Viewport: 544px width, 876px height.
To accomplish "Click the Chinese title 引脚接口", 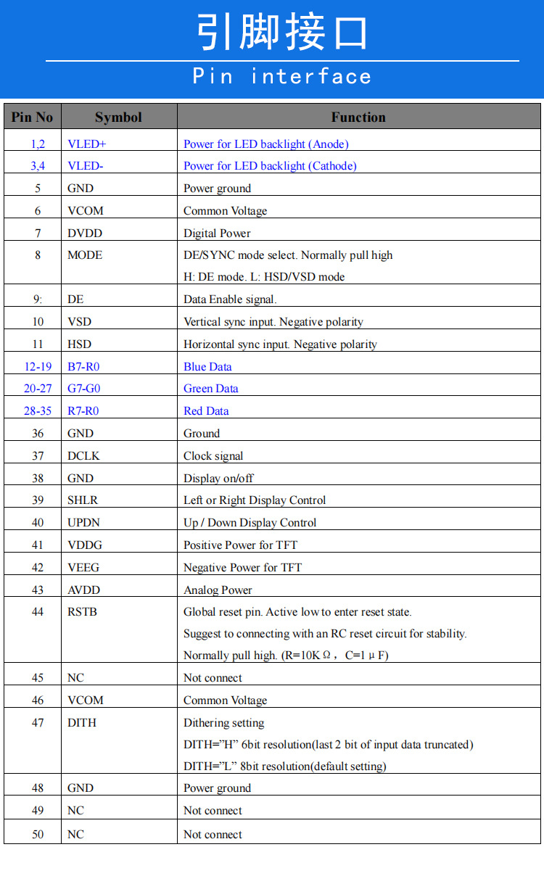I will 283,33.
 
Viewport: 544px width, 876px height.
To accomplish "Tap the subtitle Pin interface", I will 282,76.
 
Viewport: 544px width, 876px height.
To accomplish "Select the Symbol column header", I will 118,117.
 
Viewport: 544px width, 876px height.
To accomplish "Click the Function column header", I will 358,117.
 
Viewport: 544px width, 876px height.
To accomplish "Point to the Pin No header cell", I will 33,117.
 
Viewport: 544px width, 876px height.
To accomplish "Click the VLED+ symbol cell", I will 87,144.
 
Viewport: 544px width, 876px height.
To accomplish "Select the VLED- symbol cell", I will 86,166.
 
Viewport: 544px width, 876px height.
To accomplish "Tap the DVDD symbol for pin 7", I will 85,233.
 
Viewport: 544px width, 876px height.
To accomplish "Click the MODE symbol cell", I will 85,255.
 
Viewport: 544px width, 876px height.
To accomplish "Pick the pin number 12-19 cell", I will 38,366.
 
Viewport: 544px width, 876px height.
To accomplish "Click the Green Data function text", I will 210,389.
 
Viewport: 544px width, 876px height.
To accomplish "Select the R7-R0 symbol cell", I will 83,411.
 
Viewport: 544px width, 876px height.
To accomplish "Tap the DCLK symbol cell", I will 84,455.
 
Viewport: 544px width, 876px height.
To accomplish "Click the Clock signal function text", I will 213,456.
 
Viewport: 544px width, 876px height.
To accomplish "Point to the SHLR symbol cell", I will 83,500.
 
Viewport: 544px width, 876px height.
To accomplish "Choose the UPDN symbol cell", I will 83,523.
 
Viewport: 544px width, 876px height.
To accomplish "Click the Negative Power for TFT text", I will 242,568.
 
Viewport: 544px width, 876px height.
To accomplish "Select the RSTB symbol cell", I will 82,612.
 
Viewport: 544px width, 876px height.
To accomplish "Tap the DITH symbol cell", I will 82,723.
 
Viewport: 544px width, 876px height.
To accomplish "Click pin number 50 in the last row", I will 38,834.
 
